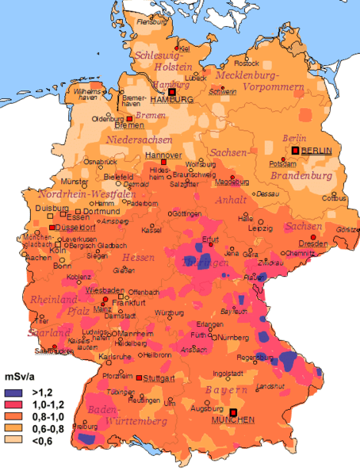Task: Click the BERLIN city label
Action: (x=316, y=150)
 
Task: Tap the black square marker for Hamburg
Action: (x=171, y=91)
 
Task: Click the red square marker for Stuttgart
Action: (x=140, y=377)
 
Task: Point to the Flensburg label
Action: (x=154, y=22)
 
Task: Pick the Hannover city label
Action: (x=163, y=154)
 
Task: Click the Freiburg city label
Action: (x=79, y=426)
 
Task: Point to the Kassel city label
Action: (x=151, y=230)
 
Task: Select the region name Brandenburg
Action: (x=299, y=175)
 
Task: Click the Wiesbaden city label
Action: (x=101, y=289)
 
